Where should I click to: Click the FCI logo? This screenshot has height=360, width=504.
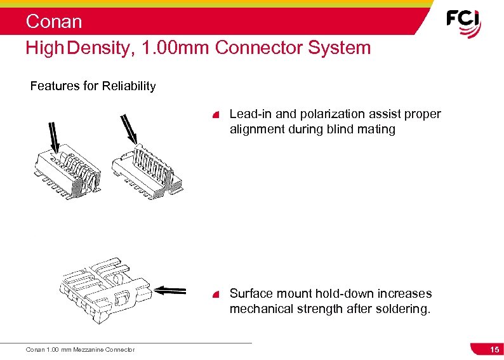coord(463,23)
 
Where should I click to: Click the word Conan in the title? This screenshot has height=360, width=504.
coord(54,22)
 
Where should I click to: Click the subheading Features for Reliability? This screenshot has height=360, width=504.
coord(93,86)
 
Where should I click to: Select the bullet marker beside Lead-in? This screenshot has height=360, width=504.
coord(216,115)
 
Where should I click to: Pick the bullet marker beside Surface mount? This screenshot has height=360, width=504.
coord(216,294)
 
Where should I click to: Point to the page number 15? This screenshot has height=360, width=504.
coord(493,350)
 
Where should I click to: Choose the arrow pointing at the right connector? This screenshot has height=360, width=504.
coord(128,127)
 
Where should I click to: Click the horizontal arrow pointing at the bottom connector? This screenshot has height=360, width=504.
coord(170,291)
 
